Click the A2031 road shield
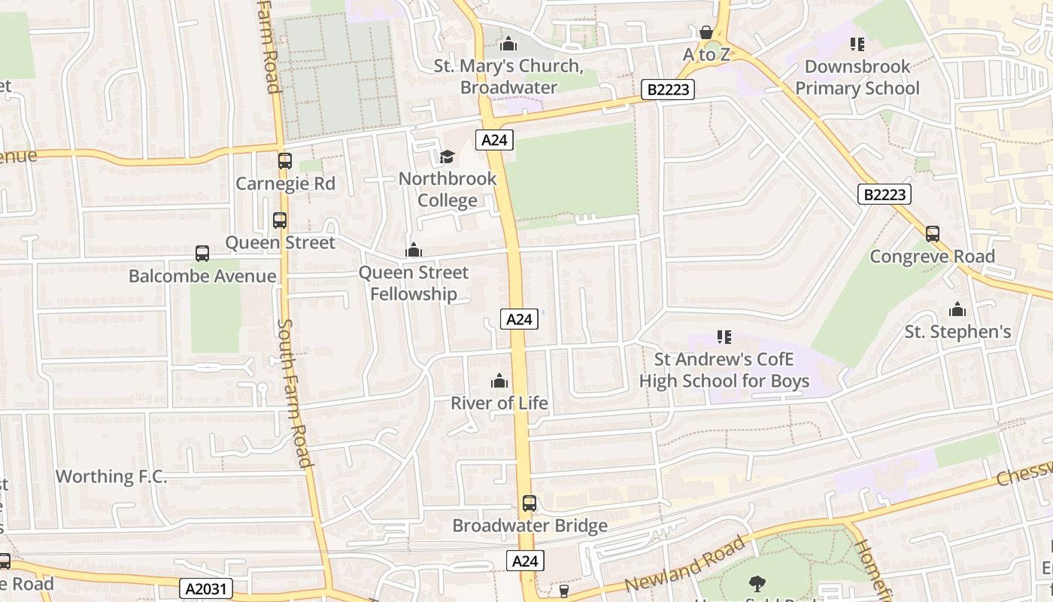206,588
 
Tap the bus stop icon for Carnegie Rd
284,161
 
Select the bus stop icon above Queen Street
280,220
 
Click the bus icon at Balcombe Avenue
202,254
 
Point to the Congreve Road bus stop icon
933,234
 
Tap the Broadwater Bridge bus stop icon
530,503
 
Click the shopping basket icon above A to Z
706,32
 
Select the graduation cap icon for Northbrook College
448,157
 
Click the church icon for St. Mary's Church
508,44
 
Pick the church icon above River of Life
499,381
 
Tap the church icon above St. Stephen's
957,309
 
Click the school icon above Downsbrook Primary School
857,44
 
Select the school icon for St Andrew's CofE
724,337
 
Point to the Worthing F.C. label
111,476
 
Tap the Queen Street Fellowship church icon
413,250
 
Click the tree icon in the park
757,583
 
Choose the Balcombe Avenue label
202,276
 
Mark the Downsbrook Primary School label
857,78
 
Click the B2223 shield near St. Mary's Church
668,90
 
